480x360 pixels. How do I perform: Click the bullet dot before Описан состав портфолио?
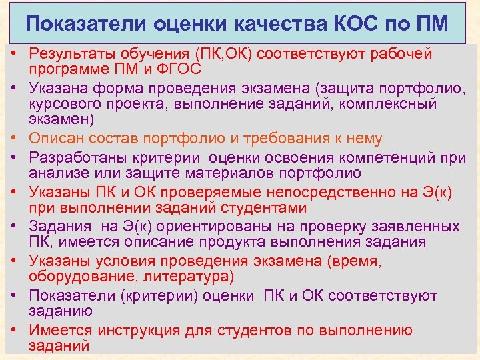[x=13, y=139]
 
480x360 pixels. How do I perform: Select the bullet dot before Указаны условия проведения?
[x=13, y=261]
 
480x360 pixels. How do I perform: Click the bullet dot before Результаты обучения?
[x=13, y=53]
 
